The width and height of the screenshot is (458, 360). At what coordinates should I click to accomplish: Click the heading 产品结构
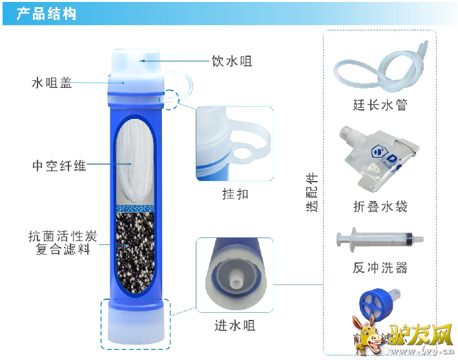[47, 14]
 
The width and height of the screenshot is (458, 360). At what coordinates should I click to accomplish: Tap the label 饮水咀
[232, 61]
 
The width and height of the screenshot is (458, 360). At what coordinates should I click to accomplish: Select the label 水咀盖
[52, 83]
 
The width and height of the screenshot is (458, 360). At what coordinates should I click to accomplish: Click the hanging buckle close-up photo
[234, 143]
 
